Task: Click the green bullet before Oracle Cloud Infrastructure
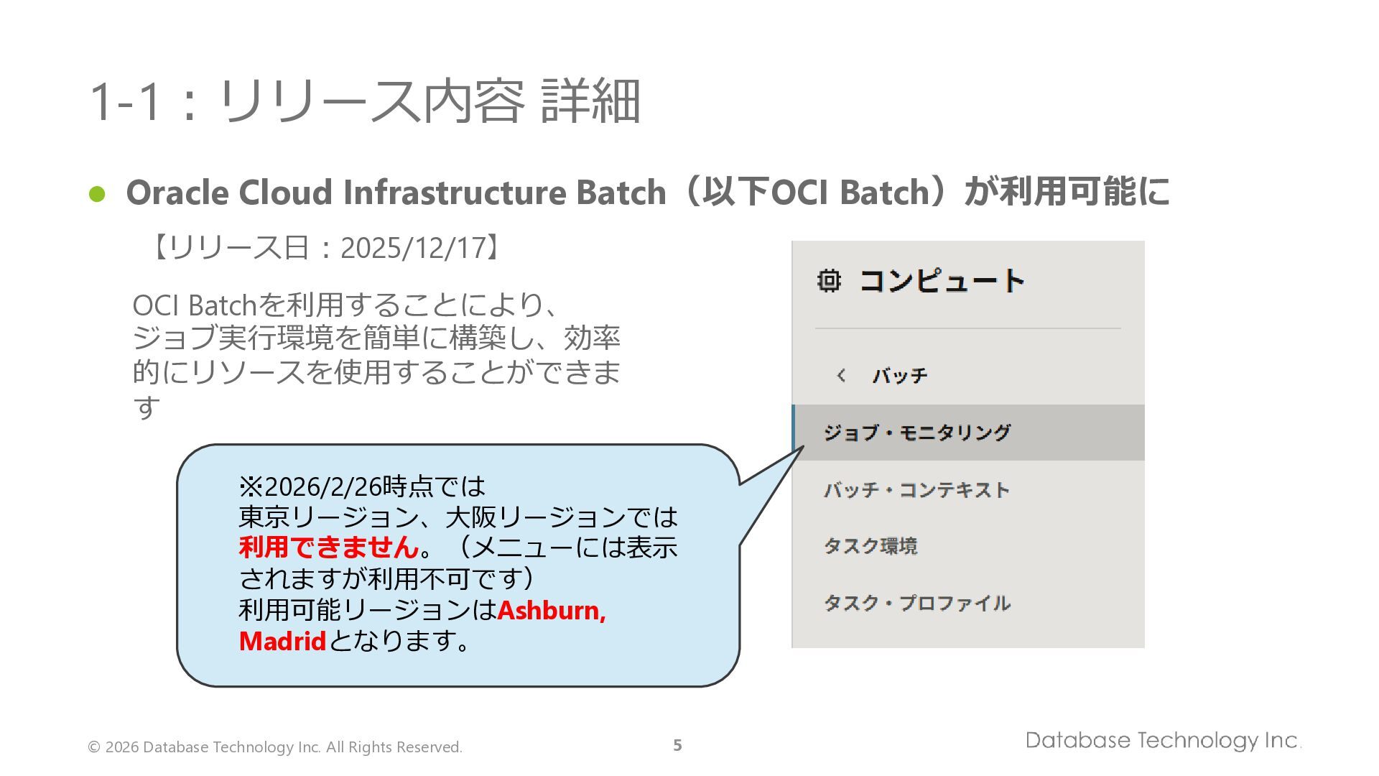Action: pyautogui.click(x=97, y=194)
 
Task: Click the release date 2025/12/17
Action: pyautogui.click(x=413, y=248)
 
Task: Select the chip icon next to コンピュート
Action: pyautogui.click(x=829, y=280)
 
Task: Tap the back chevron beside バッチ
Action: pyautogui.click(x=841, y=375)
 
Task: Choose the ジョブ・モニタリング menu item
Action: pyautogui.click(x=916, y=433)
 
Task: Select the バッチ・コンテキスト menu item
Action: pyautogui.click(x=916, y=490)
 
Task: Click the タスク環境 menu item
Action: pyautogui.click(x=870, y=546)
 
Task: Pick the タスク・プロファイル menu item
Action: pyautogui.click(x=917, y=603)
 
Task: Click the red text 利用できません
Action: pyautogui.click(x=329, y=548)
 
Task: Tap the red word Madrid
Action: pyautogui.click(x=282, y=641)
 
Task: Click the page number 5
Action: pyautogui.click(x=677, y=745)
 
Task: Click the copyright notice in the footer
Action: pyautogui.click(x=274, y=747)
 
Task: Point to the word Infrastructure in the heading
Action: pyautogui.click(x=455, y=193)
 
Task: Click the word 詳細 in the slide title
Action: pyautogui.click(x=590, y=101)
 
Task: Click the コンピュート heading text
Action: pyautogui.click(x=942, y=280)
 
